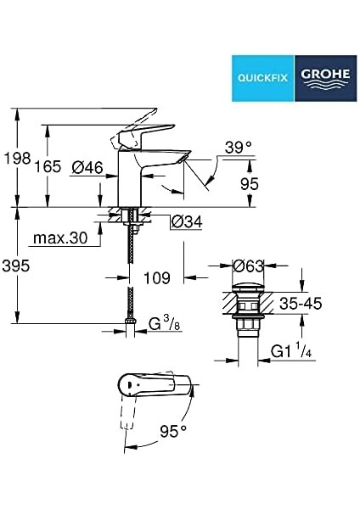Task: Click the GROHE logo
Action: pos(325,78)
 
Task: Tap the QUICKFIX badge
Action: pos(263,78)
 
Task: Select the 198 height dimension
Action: pos(17,158)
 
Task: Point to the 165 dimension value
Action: pos(48,166)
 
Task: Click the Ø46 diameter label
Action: pos(87,167)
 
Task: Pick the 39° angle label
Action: pos(239,148)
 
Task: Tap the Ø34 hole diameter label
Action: pos(187,221)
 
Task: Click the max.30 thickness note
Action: pos(60,238)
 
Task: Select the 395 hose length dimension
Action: pos(16,266)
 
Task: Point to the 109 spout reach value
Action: pos(157,278)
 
